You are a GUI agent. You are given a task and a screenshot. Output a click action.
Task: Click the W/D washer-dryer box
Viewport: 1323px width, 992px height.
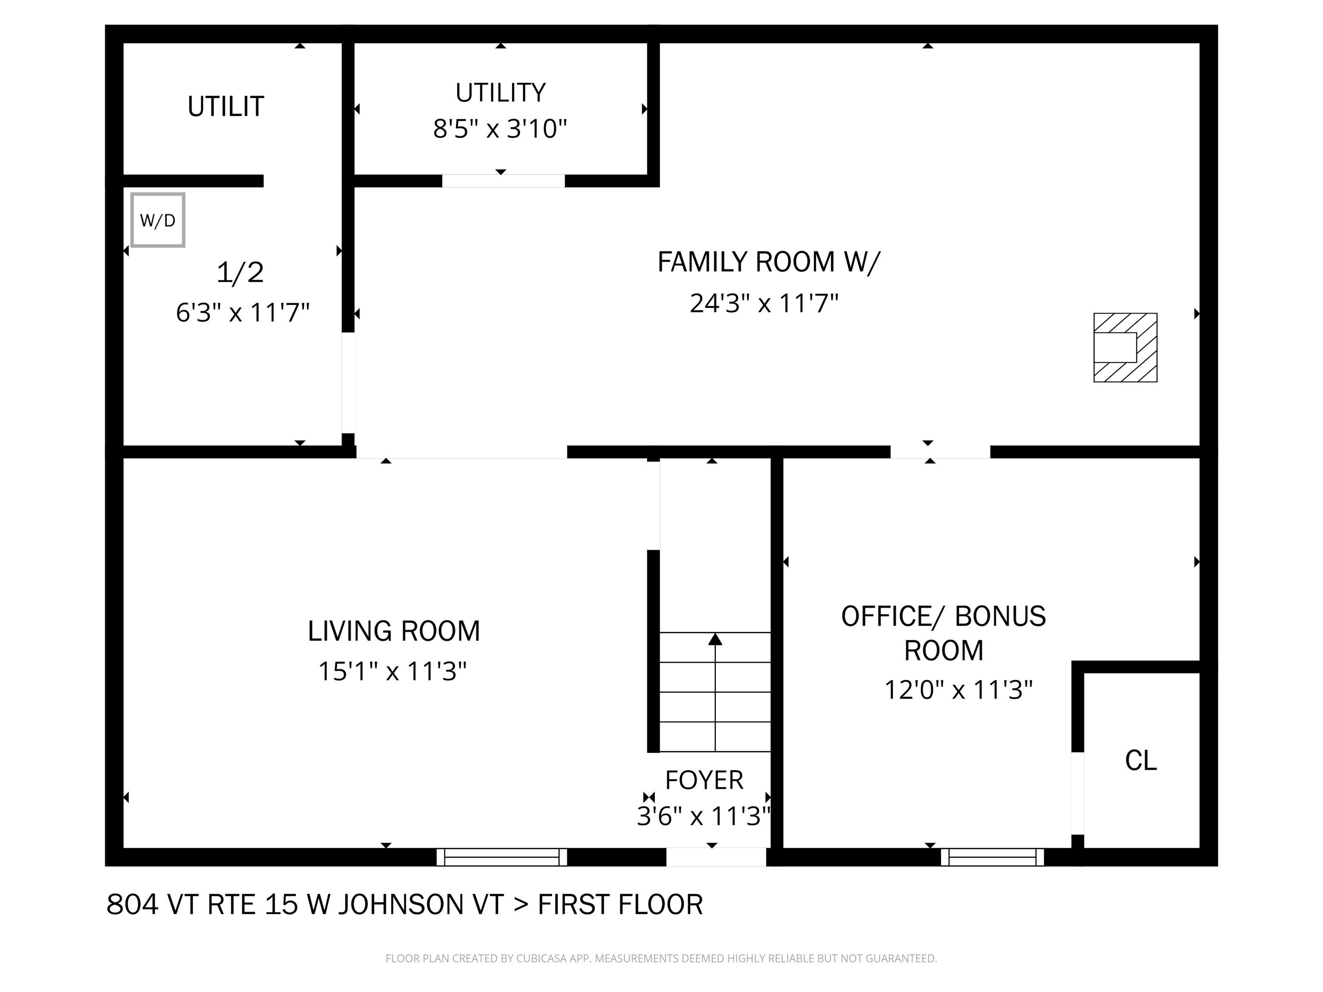click(x=157, y=220)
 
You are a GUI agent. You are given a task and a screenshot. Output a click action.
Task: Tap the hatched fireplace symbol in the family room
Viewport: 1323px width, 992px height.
click(x=1125, y=347)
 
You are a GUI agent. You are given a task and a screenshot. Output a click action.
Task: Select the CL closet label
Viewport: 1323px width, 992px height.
click(x=1140, y=761)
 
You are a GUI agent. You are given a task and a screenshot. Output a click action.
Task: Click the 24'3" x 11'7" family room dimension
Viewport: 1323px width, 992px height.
click(x=764, y=303)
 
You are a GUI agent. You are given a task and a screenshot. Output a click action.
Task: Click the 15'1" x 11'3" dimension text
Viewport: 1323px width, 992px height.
click(x=392, y=671)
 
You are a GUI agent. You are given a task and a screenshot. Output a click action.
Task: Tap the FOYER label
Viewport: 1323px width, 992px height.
click(x=704, y=780)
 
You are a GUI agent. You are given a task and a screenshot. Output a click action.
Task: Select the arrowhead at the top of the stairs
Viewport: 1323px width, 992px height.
click(x=715, y=640)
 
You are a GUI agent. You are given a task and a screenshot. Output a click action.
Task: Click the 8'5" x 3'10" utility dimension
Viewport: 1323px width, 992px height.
click(x=500, y=129)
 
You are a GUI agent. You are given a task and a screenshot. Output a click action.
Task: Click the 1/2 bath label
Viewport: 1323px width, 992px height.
click(x=240, y=273)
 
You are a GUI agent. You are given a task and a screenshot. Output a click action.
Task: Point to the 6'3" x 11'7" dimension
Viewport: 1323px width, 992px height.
click(x=242, y=313)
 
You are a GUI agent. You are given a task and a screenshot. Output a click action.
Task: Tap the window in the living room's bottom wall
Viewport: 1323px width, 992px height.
click(x=501, y=857)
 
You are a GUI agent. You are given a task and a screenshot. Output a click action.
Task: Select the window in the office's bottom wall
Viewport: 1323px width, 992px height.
click(x=992, y=857)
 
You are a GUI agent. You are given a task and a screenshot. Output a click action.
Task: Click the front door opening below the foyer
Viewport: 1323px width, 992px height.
click(x=716, y=857)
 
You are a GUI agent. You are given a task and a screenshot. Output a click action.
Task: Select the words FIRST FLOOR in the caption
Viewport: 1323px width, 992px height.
click(x=620, y=905)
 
